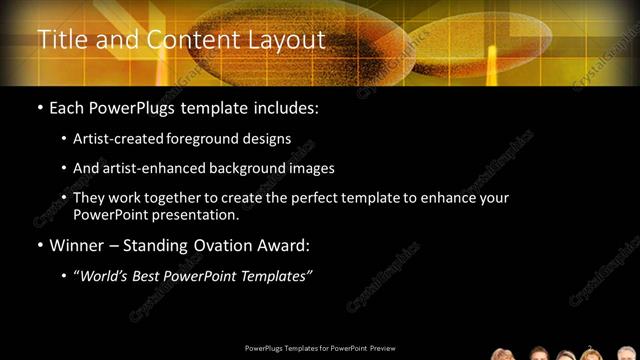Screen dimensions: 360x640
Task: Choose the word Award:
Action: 286,244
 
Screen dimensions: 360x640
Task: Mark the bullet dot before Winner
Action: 39,245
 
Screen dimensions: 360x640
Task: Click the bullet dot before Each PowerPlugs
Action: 39,107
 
